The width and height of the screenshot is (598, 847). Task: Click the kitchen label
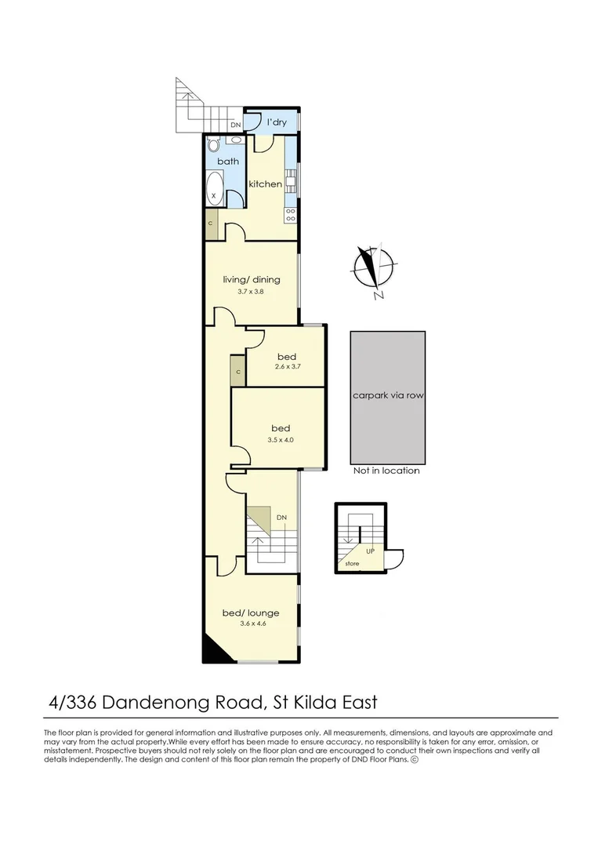[x=265, y=184]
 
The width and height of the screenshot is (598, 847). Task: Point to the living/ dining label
[x=252, y=279]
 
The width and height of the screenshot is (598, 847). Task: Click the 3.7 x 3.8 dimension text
[x=252, y=292]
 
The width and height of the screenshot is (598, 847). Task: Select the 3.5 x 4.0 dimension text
[x=281, y=440]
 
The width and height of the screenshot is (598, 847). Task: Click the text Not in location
[x=386, y=471]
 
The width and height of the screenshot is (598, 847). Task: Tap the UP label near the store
[x=370, y=551]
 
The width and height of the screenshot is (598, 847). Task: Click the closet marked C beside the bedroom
[x=237, y=371]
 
